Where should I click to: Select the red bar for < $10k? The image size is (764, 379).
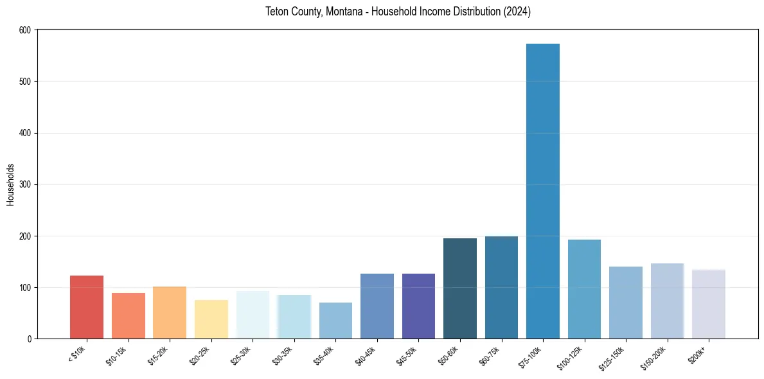(86, 307)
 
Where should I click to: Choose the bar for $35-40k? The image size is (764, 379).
(335, 321)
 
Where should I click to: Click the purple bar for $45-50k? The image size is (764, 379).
(418, 306)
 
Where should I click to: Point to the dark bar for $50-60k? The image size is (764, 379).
(460, 289)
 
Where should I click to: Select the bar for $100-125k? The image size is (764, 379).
(584, 289)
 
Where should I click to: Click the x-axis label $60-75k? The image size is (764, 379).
(490, 355)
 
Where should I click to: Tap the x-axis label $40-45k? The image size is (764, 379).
(366, 355)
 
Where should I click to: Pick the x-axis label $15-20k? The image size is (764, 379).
(158, 355)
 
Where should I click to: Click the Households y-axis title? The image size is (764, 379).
(11, 184)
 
